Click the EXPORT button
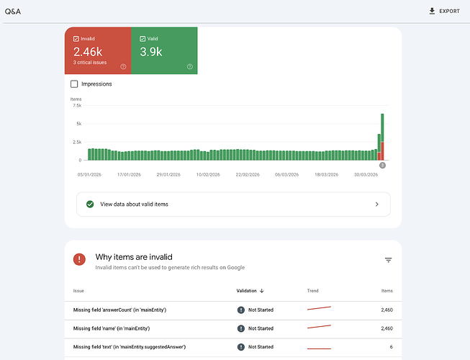[444, 12]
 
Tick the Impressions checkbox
[74, 84]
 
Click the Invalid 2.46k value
[88, 52]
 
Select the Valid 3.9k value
[150, 52]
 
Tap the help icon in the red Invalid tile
[123, 66]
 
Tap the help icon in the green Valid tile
[190, 66]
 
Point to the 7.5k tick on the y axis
[77, 106]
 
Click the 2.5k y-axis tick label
[77, 142]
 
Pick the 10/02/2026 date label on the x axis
[208, 174]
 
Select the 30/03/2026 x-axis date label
[366, 174]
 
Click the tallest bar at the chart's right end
[382, 137]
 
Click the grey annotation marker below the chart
[382, 165]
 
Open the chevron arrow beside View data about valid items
[376, 204]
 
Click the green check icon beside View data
[90, 204]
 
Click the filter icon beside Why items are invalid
[388, 260]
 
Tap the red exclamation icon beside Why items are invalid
[79, 259]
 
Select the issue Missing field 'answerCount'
[119, 310]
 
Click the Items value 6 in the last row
[391, 347]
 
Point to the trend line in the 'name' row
[319, 327]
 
